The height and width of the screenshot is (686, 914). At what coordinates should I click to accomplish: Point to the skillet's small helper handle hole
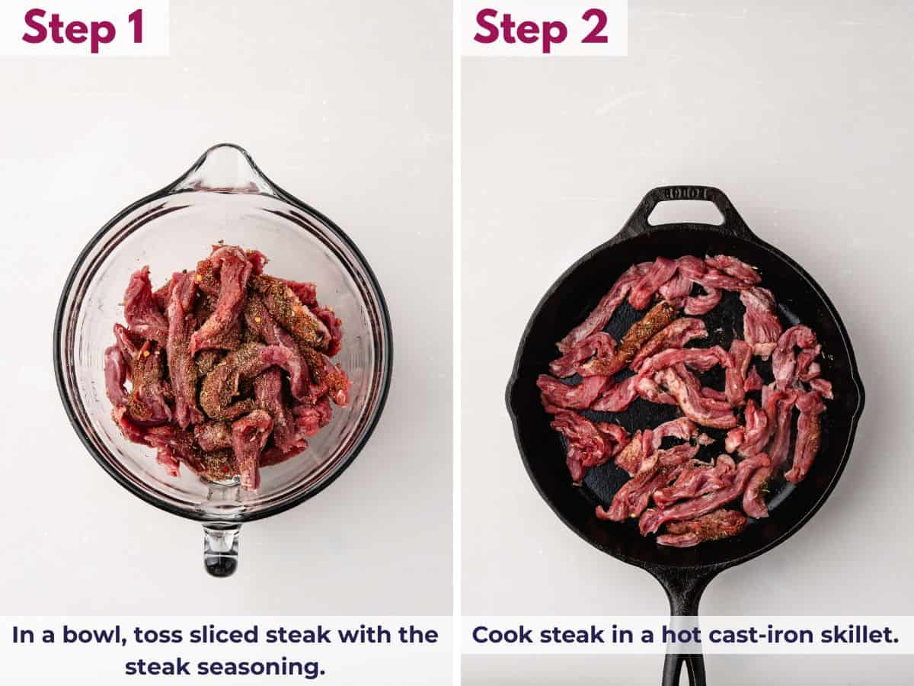tap(684, 213)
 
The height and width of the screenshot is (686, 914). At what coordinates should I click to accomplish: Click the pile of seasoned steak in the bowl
tap(225, 366)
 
